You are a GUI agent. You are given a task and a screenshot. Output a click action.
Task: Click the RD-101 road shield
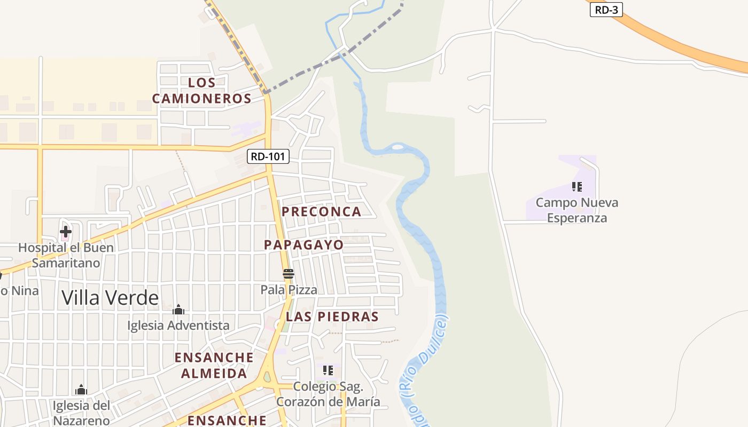coord(269,156)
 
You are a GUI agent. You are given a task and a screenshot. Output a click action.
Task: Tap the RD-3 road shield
coord(606,10)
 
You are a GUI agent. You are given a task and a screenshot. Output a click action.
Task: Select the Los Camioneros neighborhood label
coord(202,90)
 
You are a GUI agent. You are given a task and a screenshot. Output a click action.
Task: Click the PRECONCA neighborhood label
coord(322,211)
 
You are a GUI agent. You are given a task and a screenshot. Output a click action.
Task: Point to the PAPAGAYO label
coord(304,244)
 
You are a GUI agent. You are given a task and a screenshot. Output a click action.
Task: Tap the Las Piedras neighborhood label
coord(332,316)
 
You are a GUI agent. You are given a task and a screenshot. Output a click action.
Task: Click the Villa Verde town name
coord(110,297)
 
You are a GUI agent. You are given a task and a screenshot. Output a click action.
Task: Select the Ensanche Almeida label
coord(214,365)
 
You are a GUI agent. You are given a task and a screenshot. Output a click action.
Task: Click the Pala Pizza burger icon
coord(289,274)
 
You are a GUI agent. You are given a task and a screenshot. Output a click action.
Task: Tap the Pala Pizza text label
coord(289,290)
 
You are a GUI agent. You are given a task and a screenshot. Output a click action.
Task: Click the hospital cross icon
coord(66,232)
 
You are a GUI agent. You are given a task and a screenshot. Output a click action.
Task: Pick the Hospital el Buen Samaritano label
coord(66,255)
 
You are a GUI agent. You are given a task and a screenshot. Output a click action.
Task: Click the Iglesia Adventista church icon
coord(178,310)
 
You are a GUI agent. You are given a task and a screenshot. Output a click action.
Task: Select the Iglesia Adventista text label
coord(178,325)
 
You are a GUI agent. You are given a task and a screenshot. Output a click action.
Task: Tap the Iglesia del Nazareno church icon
coord(81,390)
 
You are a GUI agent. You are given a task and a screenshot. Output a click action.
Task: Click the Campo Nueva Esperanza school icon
coord(576,187)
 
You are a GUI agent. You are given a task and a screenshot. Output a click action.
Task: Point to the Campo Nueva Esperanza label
coord(577,210)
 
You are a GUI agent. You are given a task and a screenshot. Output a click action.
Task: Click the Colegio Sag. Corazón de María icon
coord(328,370)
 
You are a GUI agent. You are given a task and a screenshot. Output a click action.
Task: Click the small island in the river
coord(398,146)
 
